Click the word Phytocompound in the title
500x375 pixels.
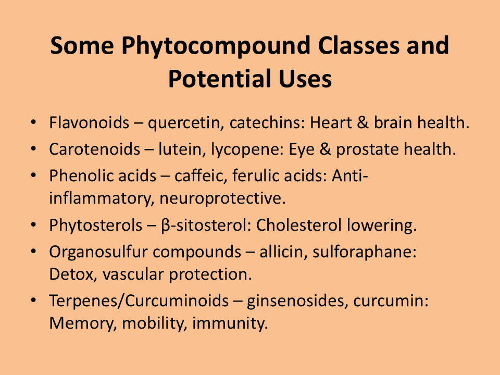pyautogui.click(x=216, y=46)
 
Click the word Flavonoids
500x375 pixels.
pyautogui.click(x=89, y=122)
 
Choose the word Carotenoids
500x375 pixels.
pyautogui.click(x=94, y=149)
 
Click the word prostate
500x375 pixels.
pyautogui.click(x=366, y=150)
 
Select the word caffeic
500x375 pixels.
pyautogui.click(x=201, y=176)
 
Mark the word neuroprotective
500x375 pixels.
pyautogui.click(x=222, y=199)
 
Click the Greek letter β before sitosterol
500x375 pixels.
pyautogui.click(x=166, y=226)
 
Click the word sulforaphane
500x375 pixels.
pyautogui.click(x=365, y=253)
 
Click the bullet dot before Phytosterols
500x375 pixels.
pyautogui.click(x=33, y=225)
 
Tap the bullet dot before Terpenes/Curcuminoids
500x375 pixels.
pyautogui.click(x=33, y=301)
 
